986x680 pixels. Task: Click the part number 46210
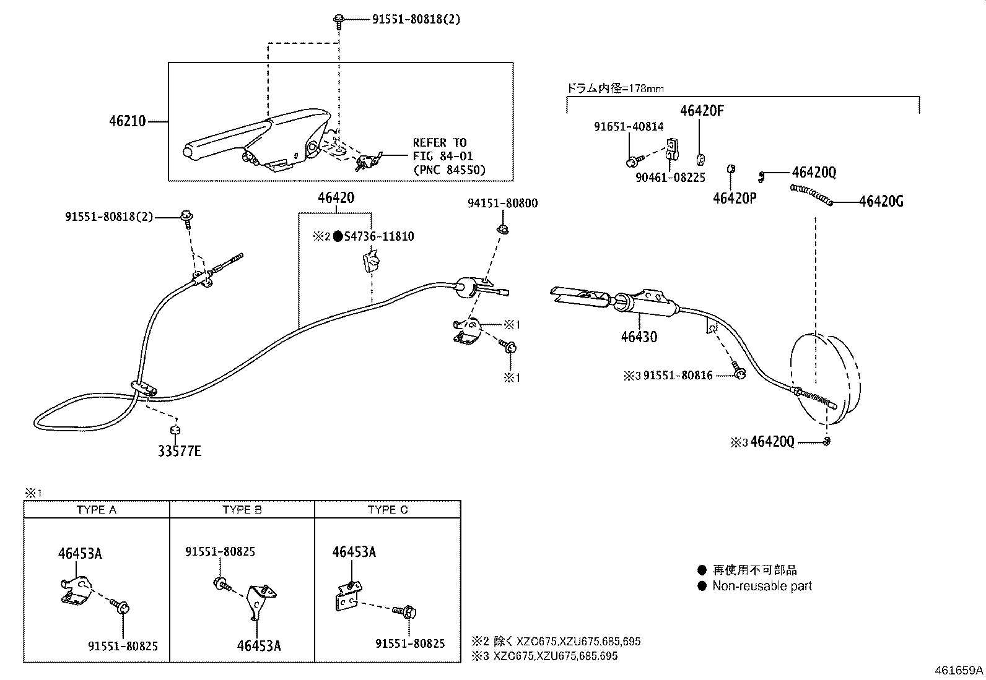click(127, 121)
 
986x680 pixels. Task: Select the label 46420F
click(702, 111)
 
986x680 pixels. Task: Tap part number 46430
click(639, 337)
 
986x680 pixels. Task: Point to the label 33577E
click(179, 451)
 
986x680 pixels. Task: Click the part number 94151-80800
click(502, 203)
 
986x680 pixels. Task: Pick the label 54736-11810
click(379, 236)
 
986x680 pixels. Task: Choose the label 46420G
click(881, 201)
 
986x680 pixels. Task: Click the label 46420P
click(735, 198)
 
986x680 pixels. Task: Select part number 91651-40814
click(629, 127)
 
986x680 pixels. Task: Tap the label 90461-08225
click(670, 178)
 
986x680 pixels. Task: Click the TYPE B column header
click(242, 510)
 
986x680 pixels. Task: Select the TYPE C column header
click(388, 510)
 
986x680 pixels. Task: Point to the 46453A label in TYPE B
click(258, 645)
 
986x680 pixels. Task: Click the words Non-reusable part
click(762, 586)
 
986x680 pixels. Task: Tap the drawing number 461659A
click(959, 670)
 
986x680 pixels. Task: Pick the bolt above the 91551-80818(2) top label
click(338, 20)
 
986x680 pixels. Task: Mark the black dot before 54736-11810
click(338, 236)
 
